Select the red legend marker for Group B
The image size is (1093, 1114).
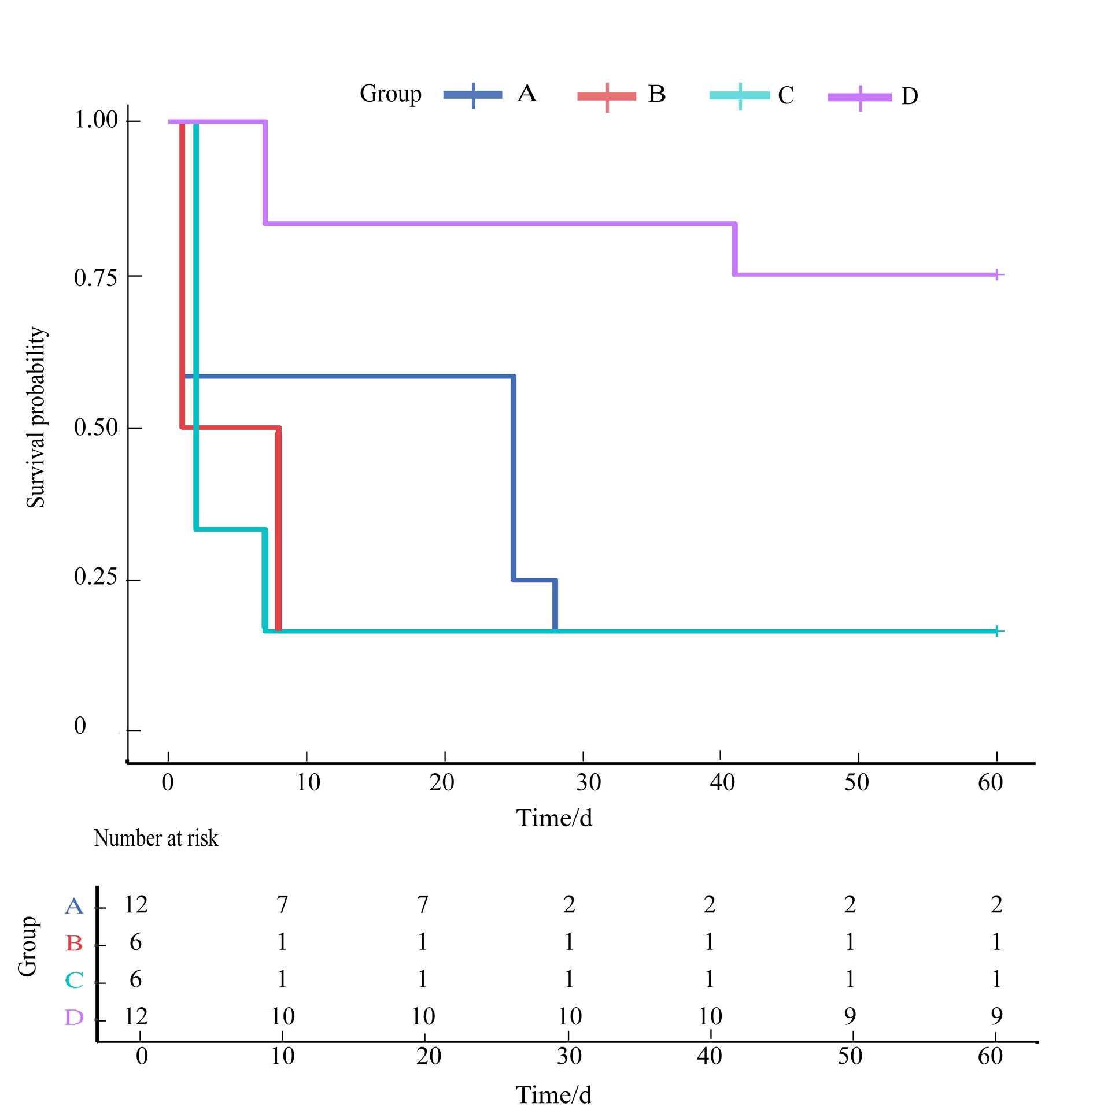607,96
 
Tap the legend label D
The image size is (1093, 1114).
909,96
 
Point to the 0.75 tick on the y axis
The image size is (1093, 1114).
96,277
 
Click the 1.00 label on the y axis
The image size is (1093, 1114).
96,121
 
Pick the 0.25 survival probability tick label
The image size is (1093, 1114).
96,578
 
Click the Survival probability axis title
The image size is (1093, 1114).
36,417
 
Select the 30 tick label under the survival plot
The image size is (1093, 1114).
588,783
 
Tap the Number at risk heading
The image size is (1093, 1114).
156,838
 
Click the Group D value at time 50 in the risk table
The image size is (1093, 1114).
850,1016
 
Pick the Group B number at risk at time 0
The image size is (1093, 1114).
135,942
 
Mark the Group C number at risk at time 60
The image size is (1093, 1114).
996,979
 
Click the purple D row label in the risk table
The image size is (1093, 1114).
74,1018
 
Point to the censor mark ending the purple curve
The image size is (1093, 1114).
996,275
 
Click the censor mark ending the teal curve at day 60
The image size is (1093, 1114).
996,632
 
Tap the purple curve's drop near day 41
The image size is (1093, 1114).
735,249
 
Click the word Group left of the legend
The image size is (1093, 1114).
390,94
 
